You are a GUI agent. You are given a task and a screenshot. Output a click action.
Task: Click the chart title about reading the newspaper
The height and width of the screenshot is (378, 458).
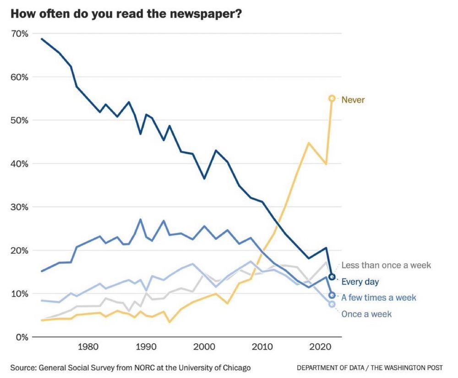[126, 13]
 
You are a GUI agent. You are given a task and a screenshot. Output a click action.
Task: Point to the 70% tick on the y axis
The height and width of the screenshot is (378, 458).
[19, 34]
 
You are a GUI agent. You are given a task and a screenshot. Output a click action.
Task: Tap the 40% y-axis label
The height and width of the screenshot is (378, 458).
[19, 164]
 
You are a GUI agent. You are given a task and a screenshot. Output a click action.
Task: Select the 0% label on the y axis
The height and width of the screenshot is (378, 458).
[22, 337]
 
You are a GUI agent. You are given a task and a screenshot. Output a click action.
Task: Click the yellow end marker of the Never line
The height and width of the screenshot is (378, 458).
[332, 98]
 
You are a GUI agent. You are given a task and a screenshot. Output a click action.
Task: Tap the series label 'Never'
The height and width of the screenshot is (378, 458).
[353, 100]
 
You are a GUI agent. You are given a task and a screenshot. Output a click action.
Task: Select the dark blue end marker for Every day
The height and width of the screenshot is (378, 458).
[332, 277]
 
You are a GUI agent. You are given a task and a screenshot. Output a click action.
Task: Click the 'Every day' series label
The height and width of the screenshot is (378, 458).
[360, 282]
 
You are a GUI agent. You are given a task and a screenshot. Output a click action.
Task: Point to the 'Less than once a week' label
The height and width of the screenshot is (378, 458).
[386, 265]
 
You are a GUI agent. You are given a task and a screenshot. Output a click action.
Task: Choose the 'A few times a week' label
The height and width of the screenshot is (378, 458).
[379, 298]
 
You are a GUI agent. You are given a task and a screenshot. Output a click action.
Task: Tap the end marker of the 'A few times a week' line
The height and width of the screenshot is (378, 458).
[332, 295]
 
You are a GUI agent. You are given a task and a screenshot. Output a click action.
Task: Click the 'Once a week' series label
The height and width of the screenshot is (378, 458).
[366, 314]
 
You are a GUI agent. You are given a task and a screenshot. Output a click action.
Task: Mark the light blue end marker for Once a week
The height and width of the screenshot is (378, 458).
[332, 304]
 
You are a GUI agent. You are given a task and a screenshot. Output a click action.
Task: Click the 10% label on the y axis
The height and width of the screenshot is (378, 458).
[19, 294]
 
